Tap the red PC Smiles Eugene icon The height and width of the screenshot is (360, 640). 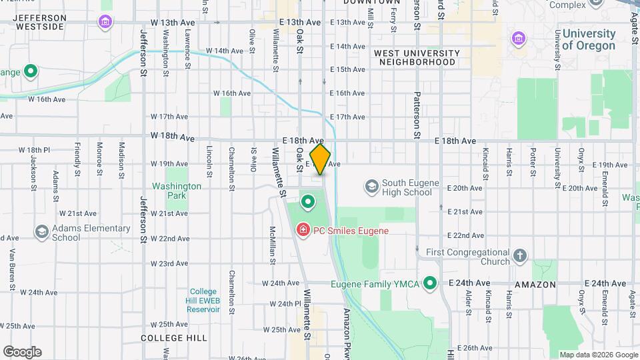point(303,230)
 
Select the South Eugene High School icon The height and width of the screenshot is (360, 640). point(371,185)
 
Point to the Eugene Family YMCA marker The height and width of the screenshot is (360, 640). point(430,284)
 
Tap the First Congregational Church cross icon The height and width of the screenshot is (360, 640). point(520,255)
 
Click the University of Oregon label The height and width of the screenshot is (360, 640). point(589,39)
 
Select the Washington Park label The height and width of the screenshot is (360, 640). point(177,191)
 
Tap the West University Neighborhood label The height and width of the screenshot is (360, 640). point(417,57)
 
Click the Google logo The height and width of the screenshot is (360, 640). point(22,351)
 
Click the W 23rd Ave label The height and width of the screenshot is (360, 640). point(169,263)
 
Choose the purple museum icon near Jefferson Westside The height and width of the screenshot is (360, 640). point(105,23)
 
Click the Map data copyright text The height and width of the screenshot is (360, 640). point(597,355)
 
